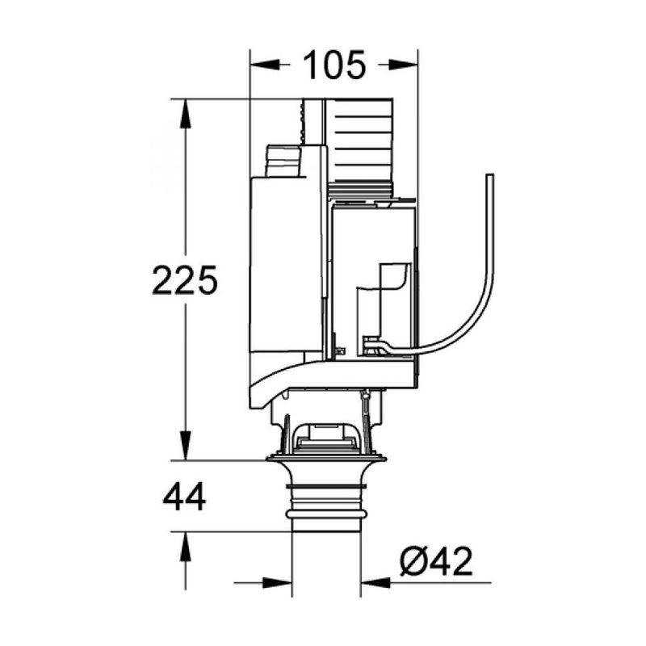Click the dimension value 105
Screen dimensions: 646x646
tap(333, 65)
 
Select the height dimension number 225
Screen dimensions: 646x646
tap(185, 280)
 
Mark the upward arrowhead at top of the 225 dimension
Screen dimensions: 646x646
tap(186, 113)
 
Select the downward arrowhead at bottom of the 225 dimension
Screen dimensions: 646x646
tap(186, 447)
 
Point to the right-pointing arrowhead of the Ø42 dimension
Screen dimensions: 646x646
tap(278, 581)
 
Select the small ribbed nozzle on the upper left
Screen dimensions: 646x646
tap(283, 161)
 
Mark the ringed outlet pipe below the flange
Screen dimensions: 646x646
tap(326, 505)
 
